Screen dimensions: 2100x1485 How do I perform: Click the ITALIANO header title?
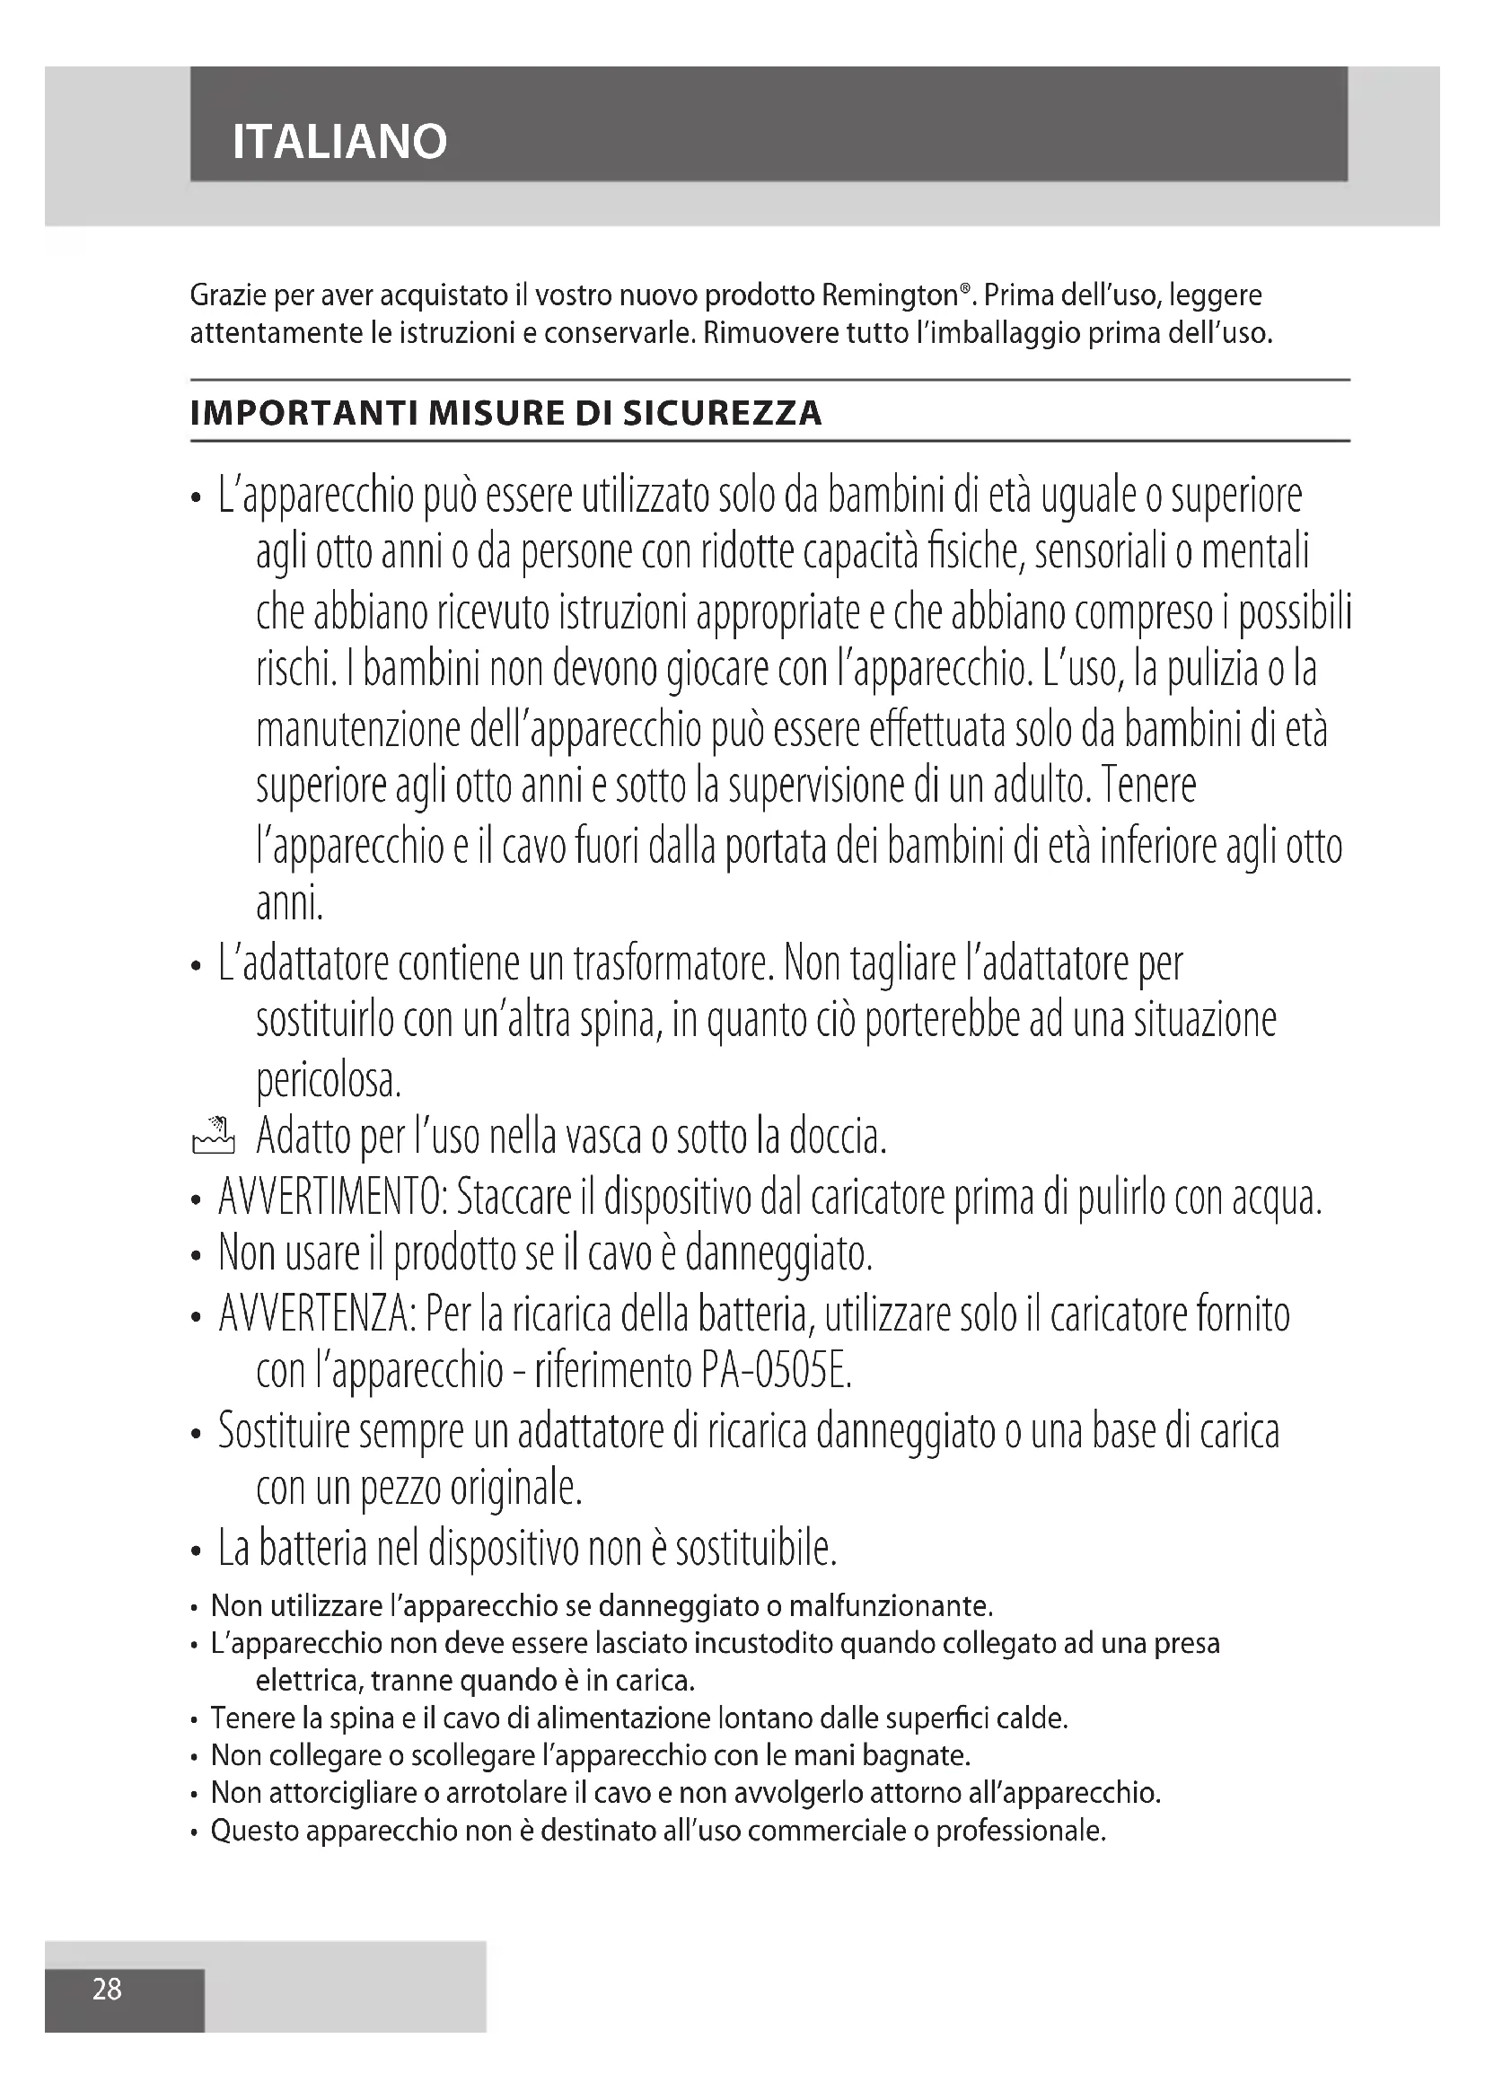click(x=339, y=142)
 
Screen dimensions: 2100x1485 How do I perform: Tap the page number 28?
click(x=107, y=1989)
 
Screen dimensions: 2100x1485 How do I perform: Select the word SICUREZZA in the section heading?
click(x=723, y=413)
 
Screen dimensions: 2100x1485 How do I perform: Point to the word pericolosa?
click(x=329, y=1080)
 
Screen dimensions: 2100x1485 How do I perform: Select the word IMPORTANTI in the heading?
click(x=303, y=413)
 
